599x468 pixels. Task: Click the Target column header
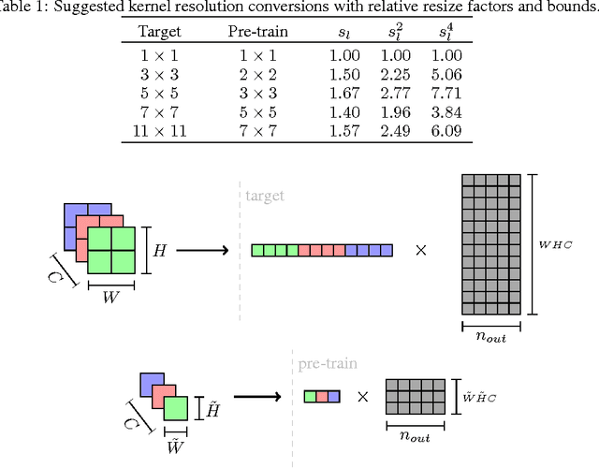(x=158, y=32)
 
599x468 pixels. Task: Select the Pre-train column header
(x=258, y=32)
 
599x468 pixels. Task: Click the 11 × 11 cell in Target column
(x=158, y=131)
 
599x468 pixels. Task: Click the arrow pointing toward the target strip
(x=204, y=251)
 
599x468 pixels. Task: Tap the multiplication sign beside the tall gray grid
(x=421, y=251)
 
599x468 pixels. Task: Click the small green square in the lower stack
(x=176, y=409)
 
